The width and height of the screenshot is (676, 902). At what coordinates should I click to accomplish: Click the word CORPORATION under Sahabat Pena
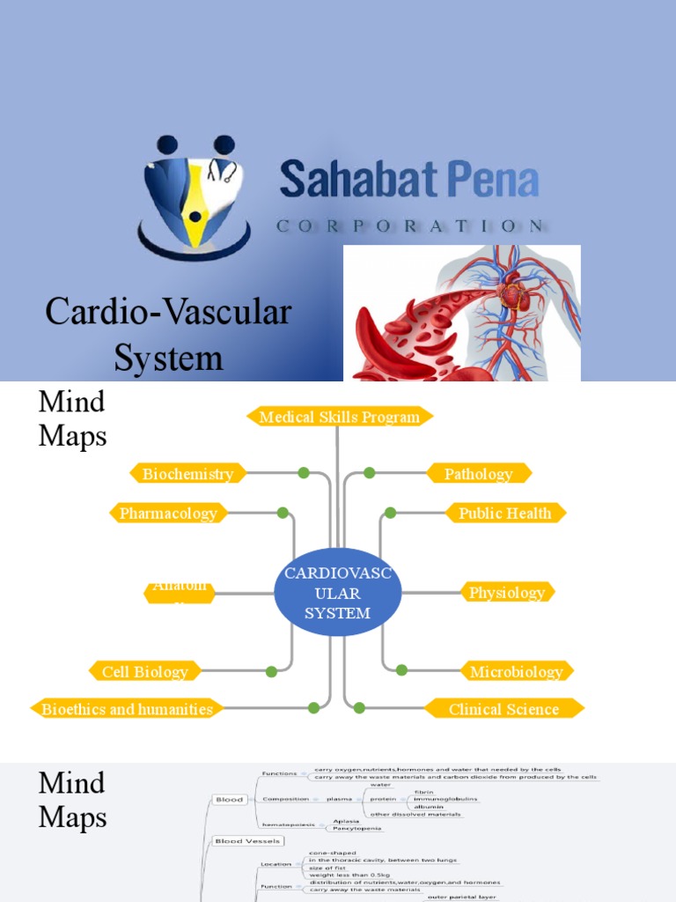[x=409, y=226]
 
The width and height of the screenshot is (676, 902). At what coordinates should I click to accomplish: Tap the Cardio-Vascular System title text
[x=168, y=335]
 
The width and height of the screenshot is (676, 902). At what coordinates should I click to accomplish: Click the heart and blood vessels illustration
[x=461, y=313]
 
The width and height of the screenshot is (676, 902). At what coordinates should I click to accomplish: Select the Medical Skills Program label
[x=340, y=417]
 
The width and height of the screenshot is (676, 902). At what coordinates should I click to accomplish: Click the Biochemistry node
[x=187, y=474]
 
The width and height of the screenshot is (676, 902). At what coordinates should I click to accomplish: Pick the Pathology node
[x=478, y=474]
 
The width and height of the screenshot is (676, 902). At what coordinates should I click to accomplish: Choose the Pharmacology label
[x=168, y=513]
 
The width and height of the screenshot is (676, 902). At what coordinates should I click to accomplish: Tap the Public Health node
[x=504, y=513]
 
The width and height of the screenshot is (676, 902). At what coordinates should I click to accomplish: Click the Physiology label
[x=506, y=592]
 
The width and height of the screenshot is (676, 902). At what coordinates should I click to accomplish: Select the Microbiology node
[x=516, y=671]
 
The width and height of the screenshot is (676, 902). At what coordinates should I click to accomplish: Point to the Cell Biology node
[x=145, y=671]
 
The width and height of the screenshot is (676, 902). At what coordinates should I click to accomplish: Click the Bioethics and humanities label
[x=127, y=708]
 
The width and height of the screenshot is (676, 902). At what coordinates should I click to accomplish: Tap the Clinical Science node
[x=503, y=708]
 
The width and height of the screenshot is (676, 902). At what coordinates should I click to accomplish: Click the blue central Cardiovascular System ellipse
[x=337, y=593]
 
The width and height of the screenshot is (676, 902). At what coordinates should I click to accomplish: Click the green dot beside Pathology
[x=370, y=473]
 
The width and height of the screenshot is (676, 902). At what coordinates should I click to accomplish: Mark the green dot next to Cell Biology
[x=271, y=671]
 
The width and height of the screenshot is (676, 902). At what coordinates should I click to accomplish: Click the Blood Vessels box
[x=247, y=841]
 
